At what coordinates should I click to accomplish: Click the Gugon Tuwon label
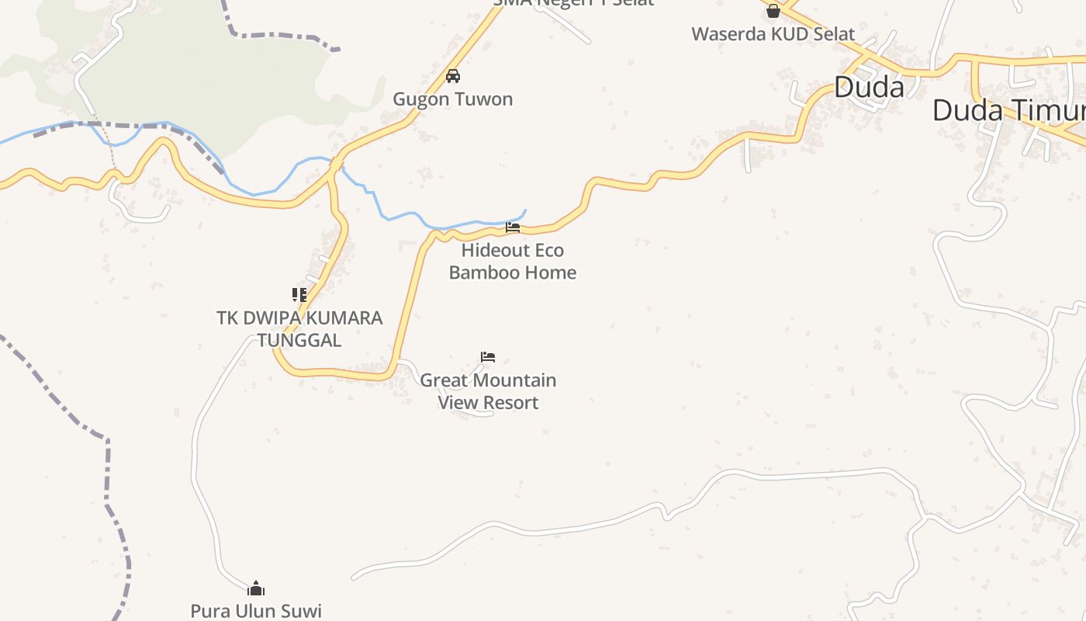pos(452,99)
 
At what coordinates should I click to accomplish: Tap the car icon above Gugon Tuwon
pos(453,76)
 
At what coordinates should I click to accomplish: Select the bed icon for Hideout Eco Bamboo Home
pos(513,227)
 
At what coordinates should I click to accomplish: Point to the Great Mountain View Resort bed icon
pos(488,357)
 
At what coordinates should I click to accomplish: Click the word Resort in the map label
pos(510,402)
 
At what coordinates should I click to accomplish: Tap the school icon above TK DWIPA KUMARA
pos(299,295)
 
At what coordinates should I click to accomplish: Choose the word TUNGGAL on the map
pos(299,340)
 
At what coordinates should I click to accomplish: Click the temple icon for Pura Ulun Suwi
pos(256,588)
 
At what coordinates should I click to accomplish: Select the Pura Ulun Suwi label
pos(256,611)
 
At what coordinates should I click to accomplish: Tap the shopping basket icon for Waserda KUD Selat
pos(773,11)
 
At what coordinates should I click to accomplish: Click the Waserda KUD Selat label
pos(773,34)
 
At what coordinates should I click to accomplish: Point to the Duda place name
pos(869,87)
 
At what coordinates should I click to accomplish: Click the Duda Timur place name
pos(1008,109)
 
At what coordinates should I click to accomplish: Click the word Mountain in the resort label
pos(514,380)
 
